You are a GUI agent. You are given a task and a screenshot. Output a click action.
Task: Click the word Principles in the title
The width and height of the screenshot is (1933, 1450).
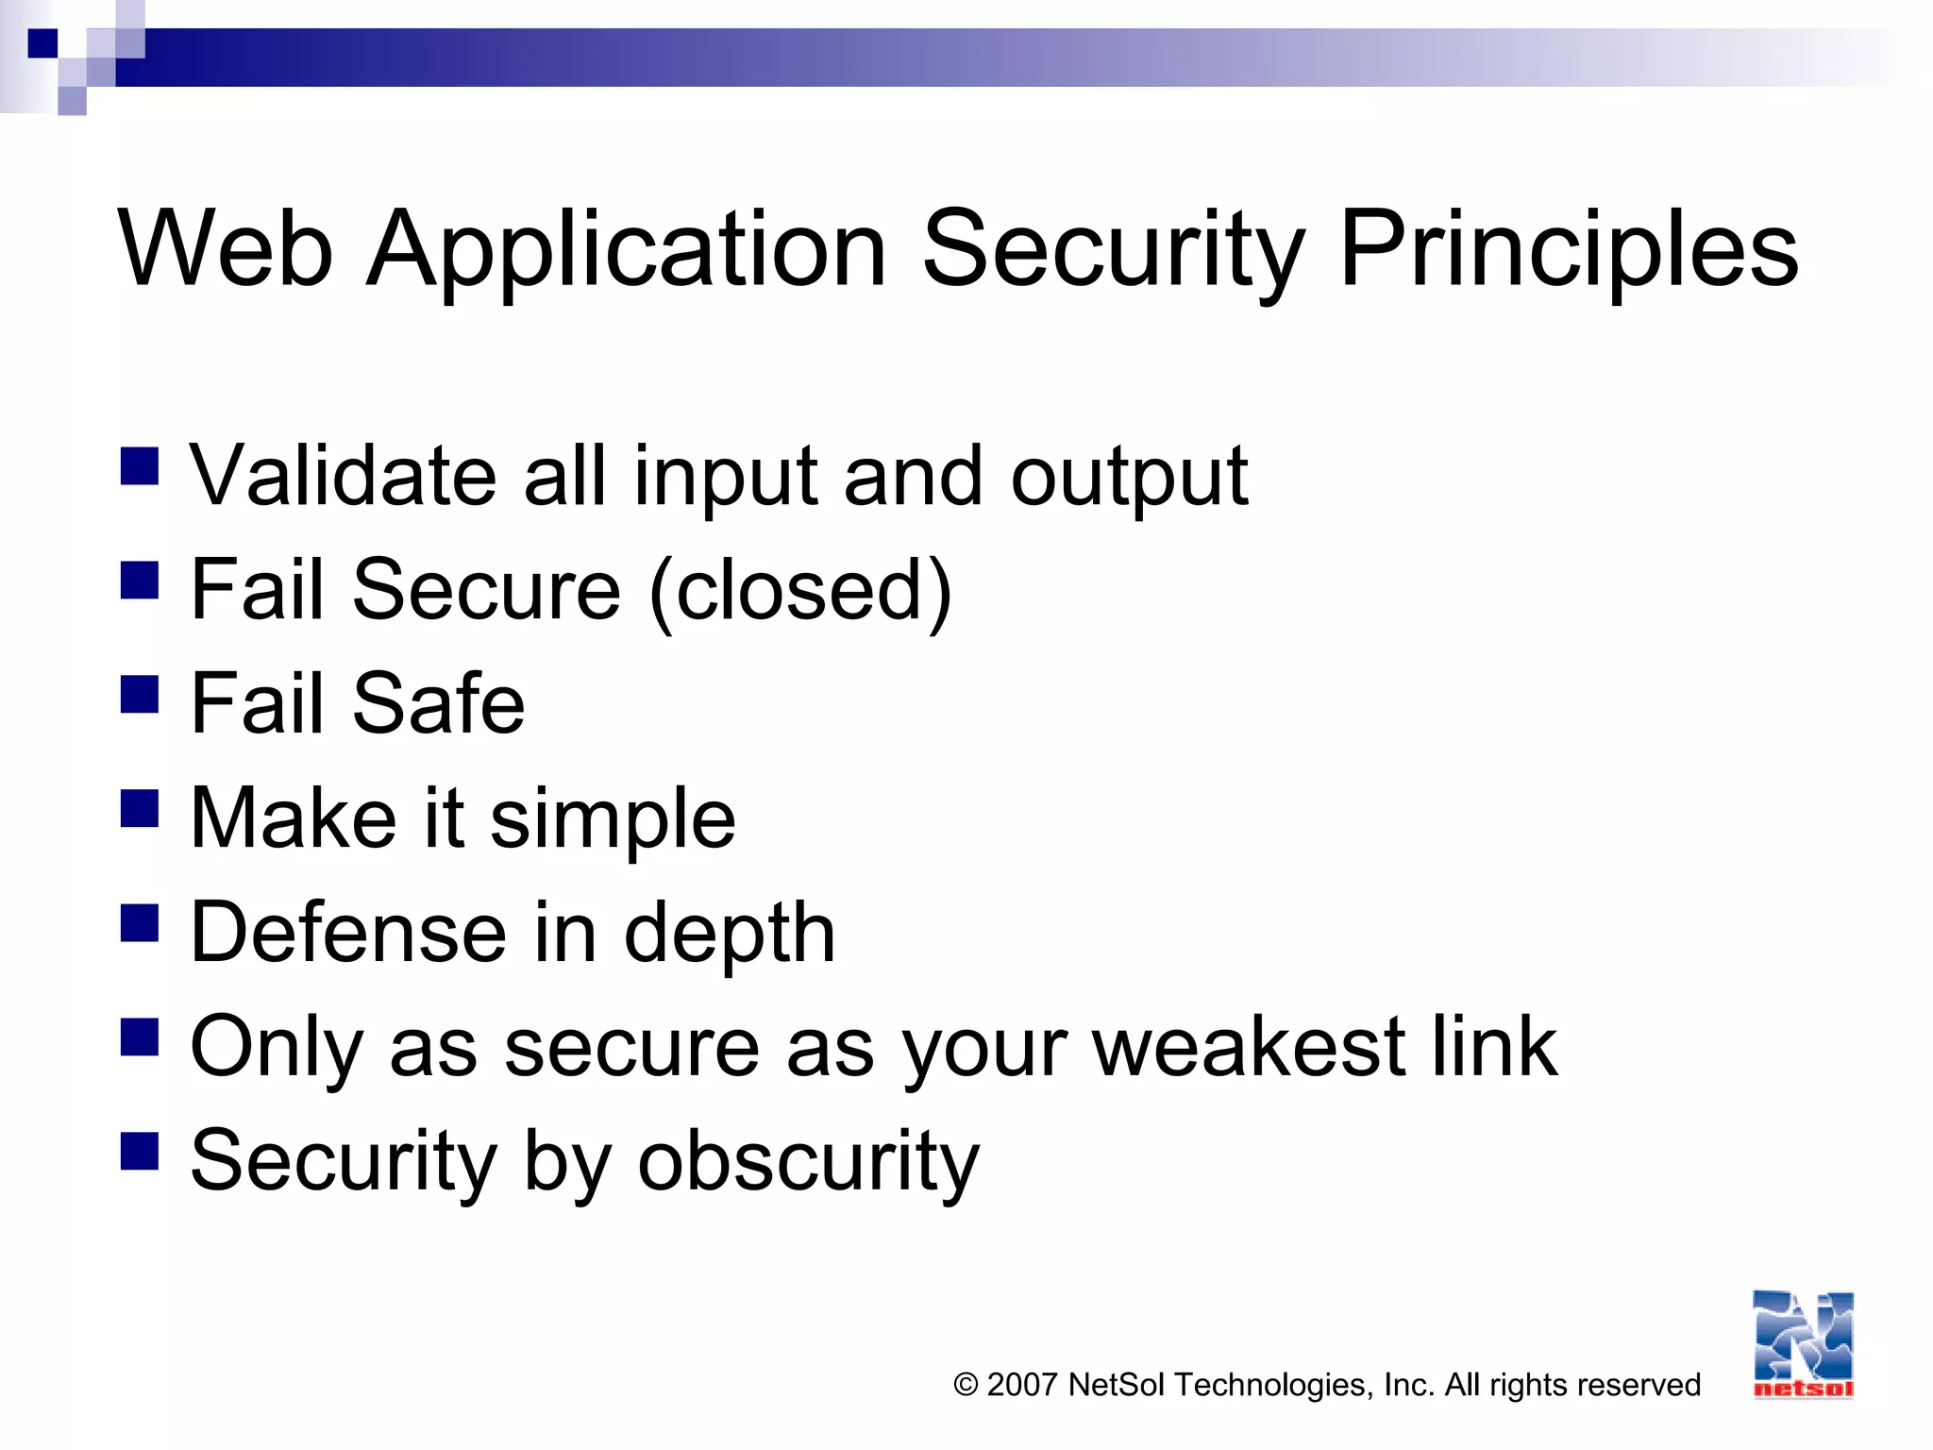tap(1569, 250)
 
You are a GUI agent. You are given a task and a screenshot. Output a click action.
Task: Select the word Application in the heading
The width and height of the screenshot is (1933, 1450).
tap(627, 250)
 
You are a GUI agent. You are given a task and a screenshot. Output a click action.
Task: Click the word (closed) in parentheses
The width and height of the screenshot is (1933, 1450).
tap(801, 591)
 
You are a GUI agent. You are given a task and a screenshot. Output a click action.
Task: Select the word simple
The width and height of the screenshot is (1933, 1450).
tap(613, 819)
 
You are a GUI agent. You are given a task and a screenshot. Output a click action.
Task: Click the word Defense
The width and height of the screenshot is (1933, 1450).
tap(347, 933)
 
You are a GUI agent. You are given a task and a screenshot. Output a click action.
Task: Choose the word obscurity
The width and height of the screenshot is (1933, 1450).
tap(809, 1161)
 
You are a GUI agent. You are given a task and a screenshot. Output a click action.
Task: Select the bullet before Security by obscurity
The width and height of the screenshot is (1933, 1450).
tap(140, 1151)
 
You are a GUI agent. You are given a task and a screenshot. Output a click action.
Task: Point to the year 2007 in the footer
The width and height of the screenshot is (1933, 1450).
tap(1021, 1385)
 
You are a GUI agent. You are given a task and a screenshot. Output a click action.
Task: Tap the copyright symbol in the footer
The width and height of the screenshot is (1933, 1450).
tap(966, 1385)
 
